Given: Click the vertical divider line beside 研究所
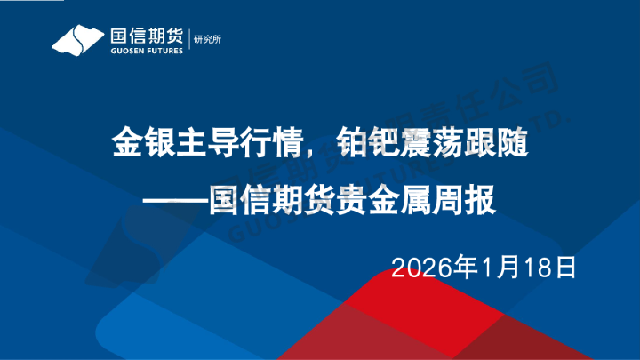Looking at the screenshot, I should click(190, 41).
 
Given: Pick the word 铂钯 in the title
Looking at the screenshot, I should click(361, 142).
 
